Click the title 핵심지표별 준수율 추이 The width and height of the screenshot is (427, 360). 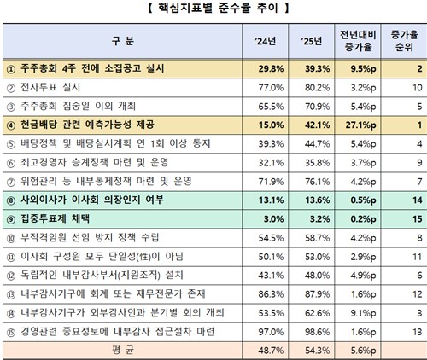coord(213,10)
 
